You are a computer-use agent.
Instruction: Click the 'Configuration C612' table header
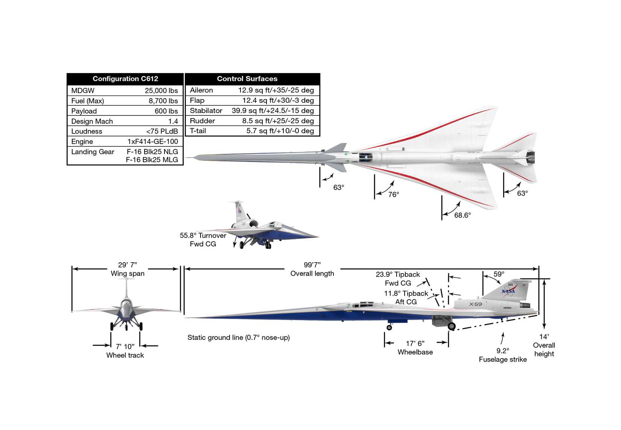tap(125, 79)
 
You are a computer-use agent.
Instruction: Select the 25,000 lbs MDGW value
tap(161, 91)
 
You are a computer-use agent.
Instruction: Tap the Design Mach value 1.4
tap(173, 121)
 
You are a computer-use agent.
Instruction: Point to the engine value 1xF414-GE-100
tap(152, 141)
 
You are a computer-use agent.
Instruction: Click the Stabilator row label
tap(206, 111)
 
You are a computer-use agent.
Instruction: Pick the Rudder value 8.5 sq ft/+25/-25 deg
tap(278, 121)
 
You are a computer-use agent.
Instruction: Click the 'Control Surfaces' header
tap(247, 79)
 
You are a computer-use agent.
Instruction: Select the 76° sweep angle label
tap(393, 194)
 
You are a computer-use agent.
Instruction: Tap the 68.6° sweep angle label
tap(462, 215)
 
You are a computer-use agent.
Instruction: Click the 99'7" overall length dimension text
tap(312, 265)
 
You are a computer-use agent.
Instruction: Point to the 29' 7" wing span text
tap(127, 265)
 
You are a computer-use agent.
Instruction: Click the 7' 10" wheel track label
tap(125, 346)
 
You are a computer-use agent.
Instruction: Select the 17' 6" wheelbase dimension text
tap(415, 343)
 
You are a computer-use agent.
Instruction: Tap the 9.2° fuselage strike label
tap(502, 351)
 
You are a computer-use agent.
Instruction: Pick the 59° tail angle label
tap(499, 274)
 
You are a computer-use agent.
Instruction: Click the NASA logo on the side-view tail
tap(508, 291)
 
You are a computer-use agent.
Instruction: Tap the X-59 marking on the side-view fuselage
tap(475, 304)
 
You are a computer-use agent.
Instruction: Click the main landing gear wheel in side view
tap(452, 327)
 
